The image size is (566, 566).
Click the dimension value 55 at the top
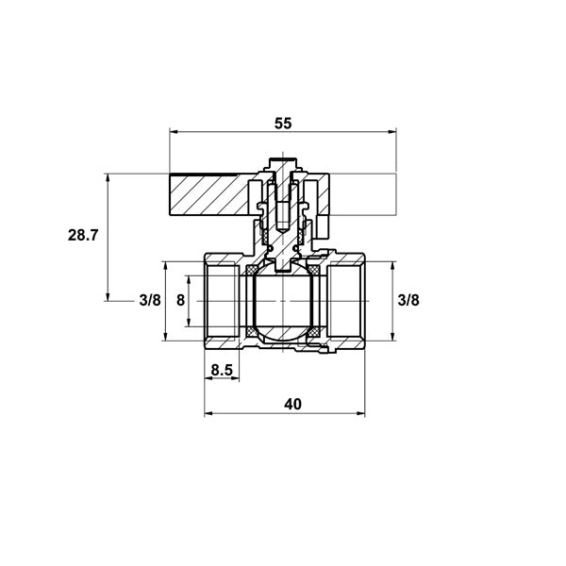pyautogui.click(x=283, y=124)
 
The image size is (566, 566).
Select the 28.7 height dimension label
pyautogui.click(x=83, y=235)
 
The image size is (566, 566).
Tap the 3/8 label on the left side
pyautogui.click(x=150, y=300)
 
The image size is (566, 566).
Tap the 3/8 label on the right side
pyautogui.click(x=408, y=300)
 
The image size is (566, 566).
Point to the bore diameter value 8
pyautogui.click(x=180, y=300)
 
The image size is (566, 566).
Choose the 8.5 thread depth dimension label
pyautogui.click(x=222, y=370)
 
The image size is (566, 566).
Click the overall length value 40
pyautogui.click(x=292, y=405)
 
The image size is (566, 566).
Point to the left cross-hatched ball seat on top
pyautogui.click(x=252, y=269)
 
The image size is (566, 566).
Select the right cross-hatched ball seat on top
pyautogui.click(x=313, y=269)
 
